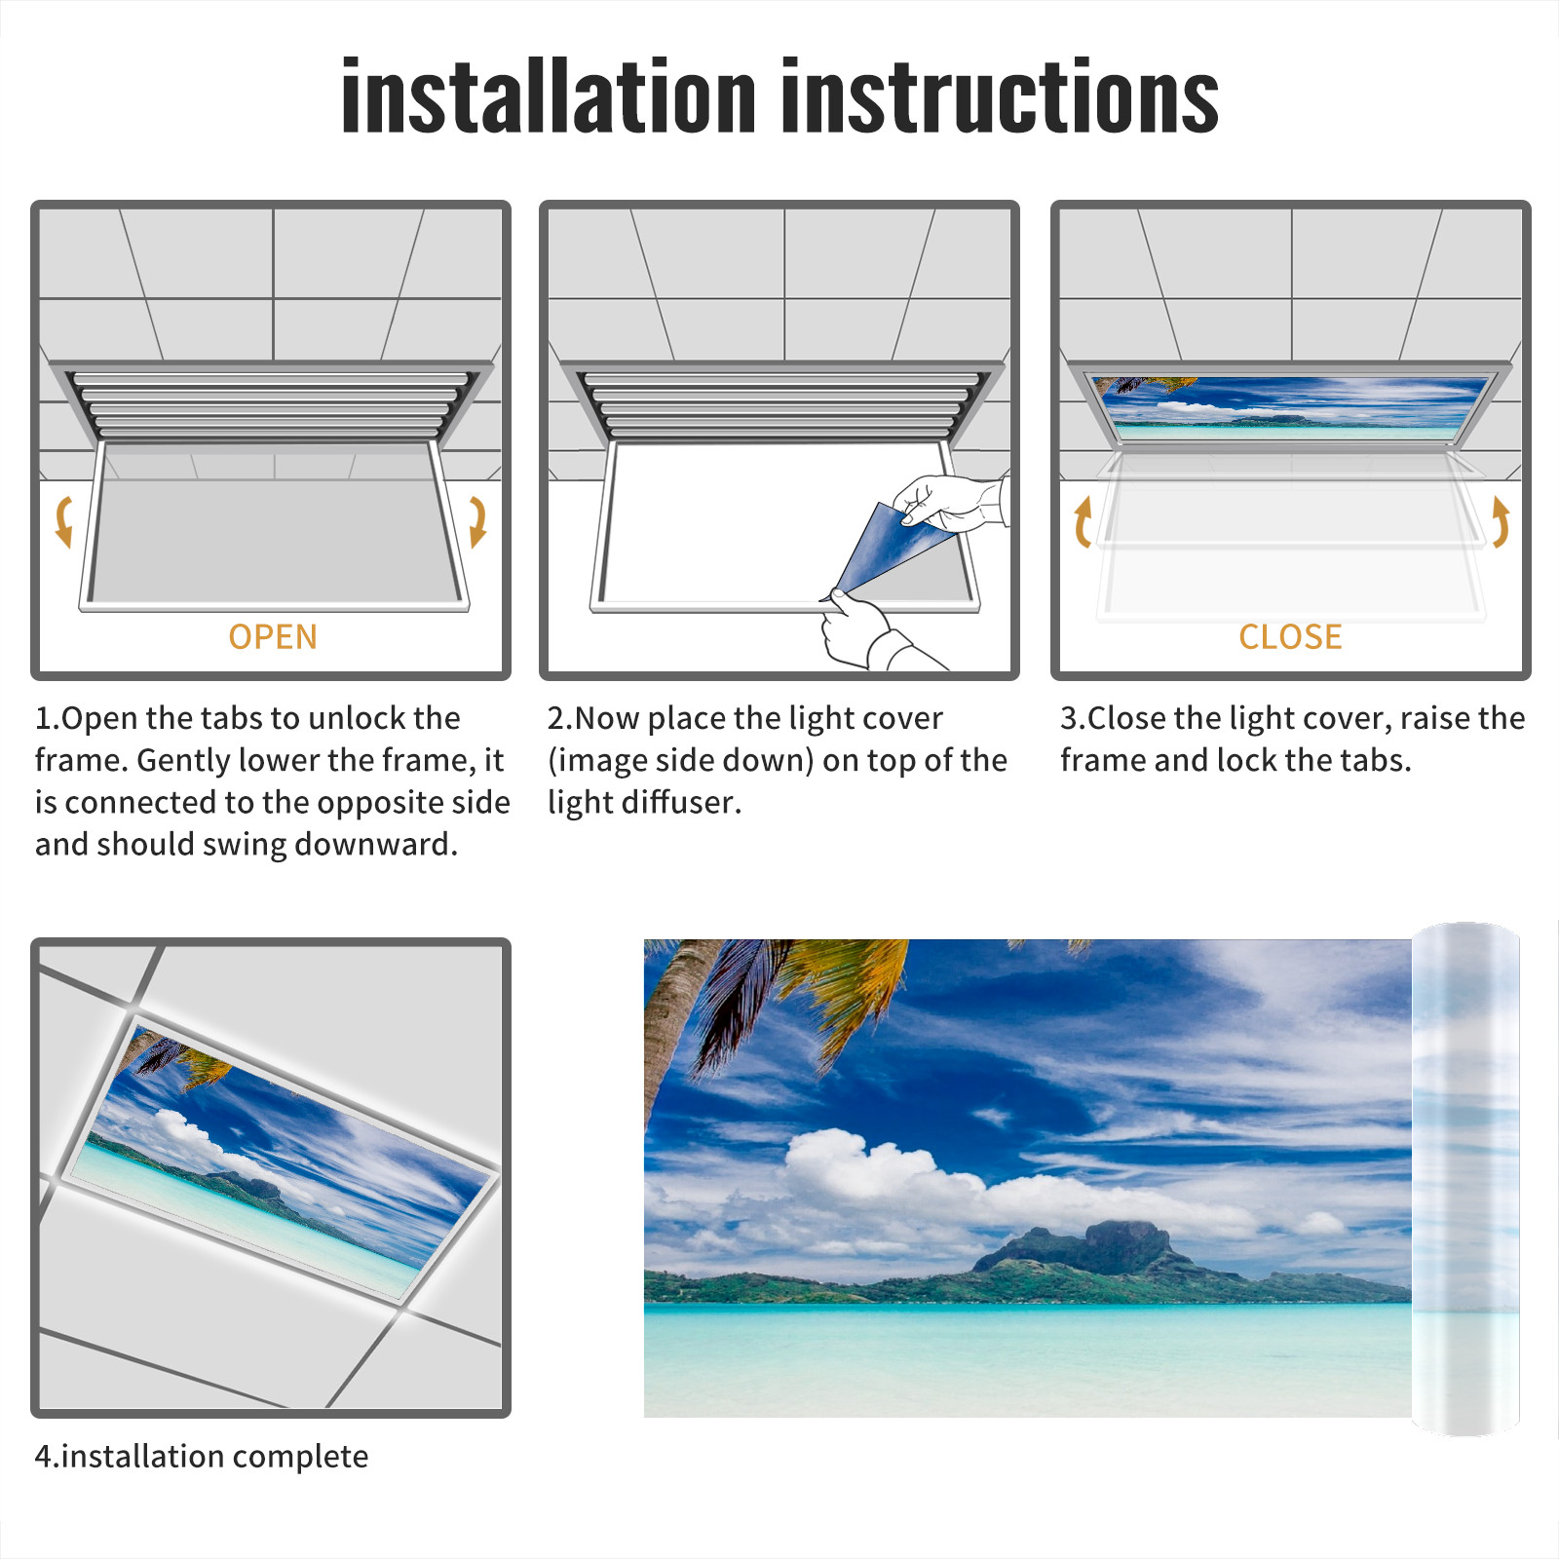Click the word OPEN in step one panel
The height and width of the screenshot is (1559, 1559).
point(273,637)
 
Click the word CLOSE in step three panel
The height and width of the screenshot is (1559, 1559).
point(1290,637)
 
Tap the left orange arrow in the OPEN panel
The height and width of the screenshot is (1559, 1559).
point(64,521)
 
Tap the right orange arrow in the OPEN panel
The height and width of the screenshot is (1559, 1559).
point(477,521)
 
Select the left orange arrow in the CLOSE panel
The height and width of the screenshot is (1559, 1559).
point(1083,522)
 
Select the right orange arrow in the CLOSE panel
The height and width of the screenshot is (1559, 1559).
point(1501,522)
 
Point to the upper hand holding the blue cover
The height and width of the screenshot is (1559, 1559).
point(950,502)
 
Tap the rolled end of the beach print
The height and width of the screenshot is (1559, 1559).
point(1465,1179)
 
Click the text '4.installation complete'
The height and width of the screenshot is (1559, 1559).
point(202,1457)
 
